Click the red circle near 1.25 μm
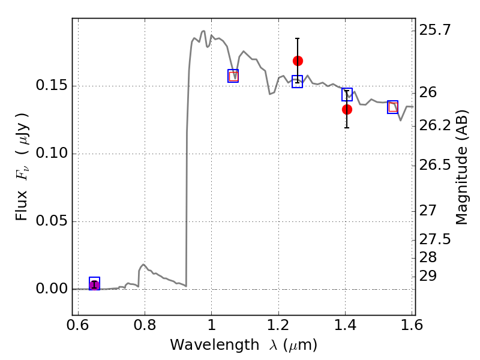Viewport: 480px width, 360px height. pos(298,61)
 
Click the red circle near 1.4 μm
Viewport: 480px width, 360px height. pos(347,109)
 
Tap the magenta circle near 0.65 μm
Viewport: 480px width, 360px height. pos(94,285)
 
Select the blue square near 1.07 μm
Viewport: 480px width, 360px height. pos(233,76)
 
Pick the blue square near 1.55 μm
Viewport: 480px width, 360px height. pos(392,107)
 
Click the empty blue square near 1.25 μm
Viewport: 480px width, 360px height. pos(297,82)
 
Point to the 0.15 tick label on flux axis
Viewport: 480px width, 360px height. pos(52,85)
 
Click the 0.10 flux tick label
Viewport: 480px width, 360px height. pos(52,153)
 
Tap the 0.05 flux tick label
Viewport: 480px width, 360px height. pos(52,221)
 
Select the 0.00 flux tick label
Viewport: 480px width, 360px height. pos(52,289)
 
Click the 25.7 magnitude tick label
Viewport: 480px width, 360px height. pos(435,30)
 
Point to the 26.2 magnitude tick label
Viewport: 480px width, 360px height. pos(435,125)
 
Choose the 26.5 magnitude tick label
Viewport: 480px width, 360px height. pos(435,166)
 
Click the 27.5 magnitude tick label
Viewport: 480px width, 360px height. pos(435,239)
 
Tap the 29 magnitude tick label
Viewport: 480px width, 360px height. pos(428,276)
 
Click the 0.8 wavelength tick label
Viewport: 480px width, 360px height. pos(145,325)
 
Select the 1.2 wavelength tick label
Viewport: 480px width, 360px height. pos(278,325)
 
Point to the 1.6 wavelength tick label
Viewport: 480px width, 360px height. pos(412,325)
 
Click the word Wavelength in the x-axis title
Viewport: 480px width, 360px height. pos(215,345)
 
